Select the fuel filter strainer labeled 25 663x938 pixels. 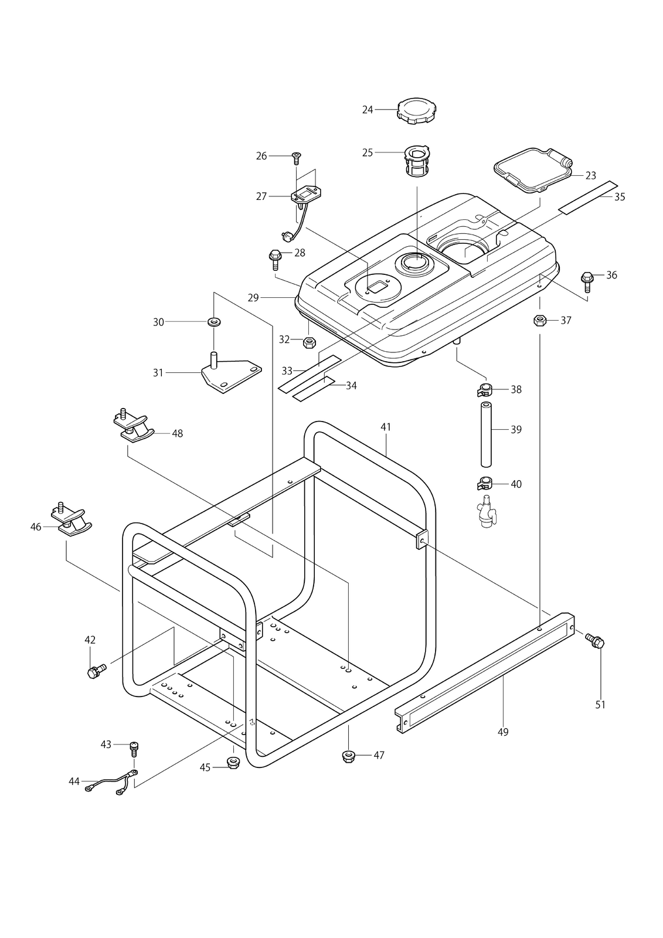[x=417, y=161]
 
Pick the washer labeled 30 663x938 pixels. [x=215, y=322]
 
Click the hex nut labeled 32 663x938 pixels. [x=309, y=342]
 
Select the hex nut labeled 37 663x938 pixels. [x=540, y=321]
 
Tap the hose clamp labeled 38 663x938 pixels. [x=485, y=390]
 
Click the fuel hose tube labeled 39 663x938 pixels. [x=486, y=434]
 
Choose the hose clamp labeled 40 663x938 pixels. [x=485, y=484]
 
